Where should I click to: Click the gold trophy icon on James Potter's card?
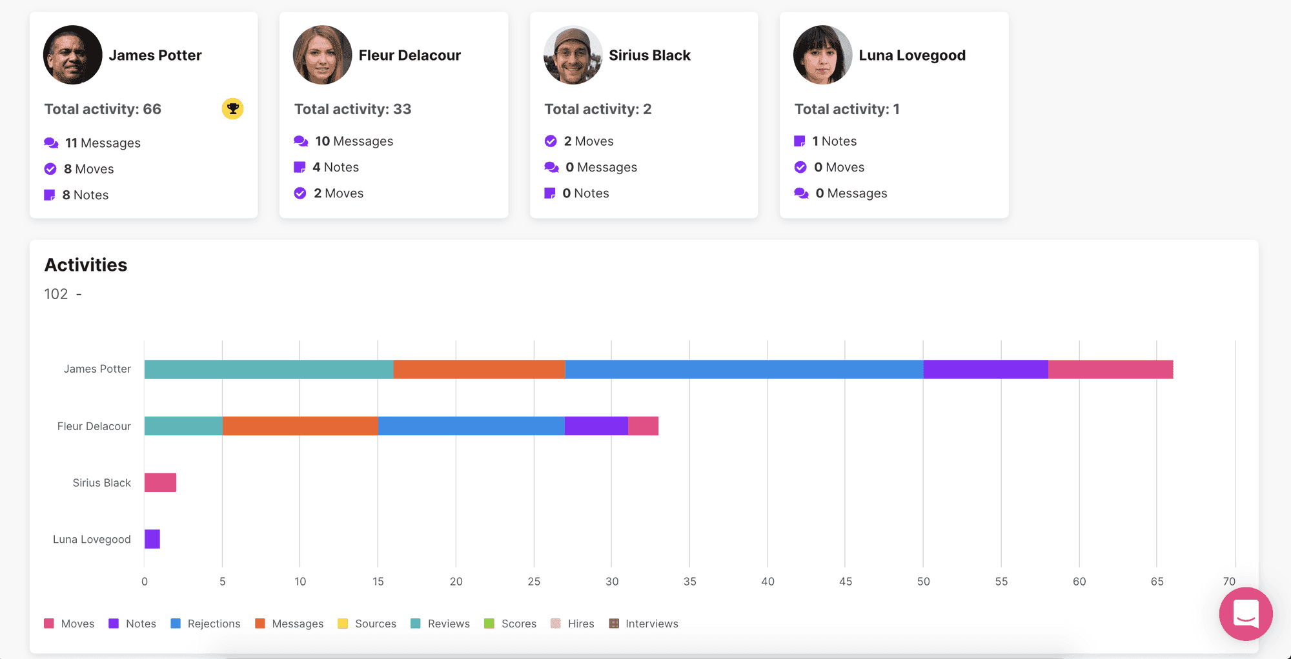(x=232, y=108)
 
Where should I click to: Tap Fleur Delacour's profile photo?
(x=322, y=55)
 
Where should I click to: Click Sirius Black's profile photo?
(x=573, y=55)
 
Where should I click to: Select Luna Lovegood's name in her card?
(x=912, y=55)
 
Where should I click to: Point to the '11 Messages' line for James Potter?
(x=92, y=143)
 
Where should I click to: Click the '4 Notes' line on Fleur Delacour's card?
(x=327, y=167)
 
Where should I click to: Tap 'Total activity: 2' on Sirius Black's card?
(x=598, y=109)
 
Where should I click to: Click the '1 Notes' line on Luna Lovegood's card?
(x=826, y=141)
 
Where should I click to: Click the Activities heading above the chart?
(x=86, y=265)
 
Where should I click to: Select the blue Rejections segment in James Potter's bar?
(x=744, y=369)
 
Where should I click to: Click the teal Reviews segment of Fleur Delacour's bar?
(x=183, y=426)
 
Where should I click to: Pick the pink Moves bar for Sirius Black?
(x=160, y=482)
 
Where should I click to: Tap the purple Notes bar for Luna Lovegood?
(x=152, y=539)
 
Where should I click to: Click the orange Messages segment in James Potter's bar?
(x=479, y=369)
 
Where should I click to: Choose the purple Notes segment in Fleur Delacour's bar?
(x=596, y=426)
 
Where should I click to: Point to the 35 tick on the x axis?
(x=689, y=582)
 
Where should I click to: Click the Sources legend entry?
(x=367, y=624)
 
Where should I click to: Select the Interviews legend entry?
(x=644, y=624)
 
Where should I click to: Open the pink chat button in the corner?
(x=1246, y=614)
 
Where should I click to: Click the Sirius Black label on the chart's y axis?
(x=101, y=483)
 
